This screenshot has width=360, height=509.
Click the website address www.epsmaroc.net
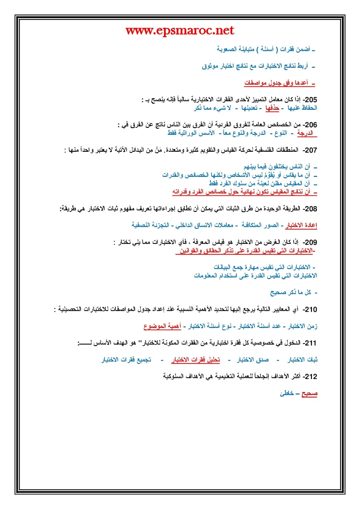180,31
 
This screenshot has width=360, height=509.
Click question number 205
310,100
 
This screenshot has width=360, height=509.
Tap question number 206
310,125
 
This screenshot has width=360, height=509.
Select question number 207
310,150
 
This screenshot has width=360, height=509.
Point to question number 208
310,209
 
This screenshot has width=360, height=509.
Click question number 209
310,242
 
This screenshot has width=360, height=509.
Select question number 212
310,377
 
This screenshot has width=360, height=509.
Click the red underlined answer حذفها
272,108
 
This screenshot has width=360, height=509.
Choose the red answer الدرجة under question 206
305,133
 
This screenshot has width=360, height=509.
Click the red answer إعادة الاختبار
301,226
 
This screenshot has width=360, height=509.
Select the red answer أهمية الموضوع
162,326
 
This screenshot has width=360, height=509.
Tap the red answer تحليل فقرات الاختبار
196,360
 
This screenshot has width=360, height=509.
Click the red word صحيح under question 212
309,394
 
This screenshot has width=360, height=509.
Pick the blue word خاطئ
287,394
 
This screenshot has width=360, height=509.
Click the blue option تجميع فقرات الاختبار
126,360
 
